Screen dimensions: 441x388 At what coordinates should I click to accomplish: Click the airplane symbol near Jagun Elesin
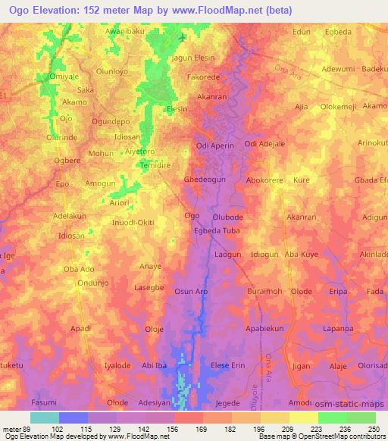182,36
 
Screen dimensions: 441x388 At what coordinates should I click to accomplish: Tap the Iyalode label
117,365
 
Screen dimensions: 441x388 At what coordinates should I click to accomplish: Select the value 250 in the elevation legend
373,428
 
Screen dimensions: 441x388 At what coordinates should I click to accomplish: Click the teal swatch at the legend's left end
44,417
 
